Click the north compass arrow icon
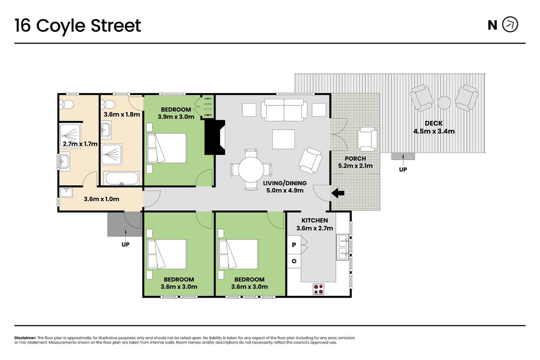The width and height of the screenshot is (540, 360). pyautogui.click(x=510, y=25)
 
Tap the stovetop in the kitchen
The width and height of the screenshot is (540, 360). pyautogui.click(x=318, y=289)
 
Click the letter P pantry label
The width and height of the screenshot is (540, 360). pyautogui.click(x=294, y=245)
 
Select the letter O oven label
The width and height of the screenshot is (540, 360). pyautogui.click(x=294, y=261)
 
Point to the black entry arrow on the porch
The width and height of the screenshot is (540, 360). pyautogui.click(x=338, y=193)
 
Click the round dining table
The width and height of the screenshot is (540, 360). pyautogui.click(x=251, y=170)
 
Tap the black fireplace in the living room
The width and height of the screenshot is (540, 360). pyautogui.click(x=215, y=137)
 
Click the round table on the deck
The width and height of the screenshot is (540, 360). pyautogui.click(x=444, y=103)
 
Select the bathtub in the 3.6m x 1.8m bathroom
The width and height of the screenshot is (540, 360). pyautogui.click(x=121, y=179)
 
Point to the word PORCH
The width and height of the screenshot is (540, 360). pyautogui.click(x=355, y=159)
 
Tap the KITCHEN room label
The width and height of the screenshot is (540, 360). pyautogui.click(x=315, y=220)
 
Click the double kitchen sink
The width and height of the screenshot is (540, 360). pyautogui.click(x=342, y=247)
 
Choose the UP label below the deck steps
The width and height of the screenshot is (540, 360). pyautogui.click(x=403, y=170)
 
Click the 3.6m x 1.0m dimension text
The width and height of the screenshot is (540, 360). pyautogui.click(x=102, y=199)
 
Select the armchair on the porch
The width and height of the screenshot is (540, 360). pyautogui.click(x=367, y=139)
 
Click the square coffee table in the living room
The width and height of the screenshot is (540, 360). pyautogui.click(x=283, y=139)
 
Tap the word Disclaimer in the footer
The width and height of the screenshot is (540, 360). pyautogui.click(x=25, y=338)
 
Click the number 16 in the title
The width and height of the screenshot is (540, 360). pyautogui.click(x=22, y=25)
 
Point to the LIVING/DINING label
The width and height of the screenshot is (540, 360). pyautogui.click(x=285, y=183)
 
